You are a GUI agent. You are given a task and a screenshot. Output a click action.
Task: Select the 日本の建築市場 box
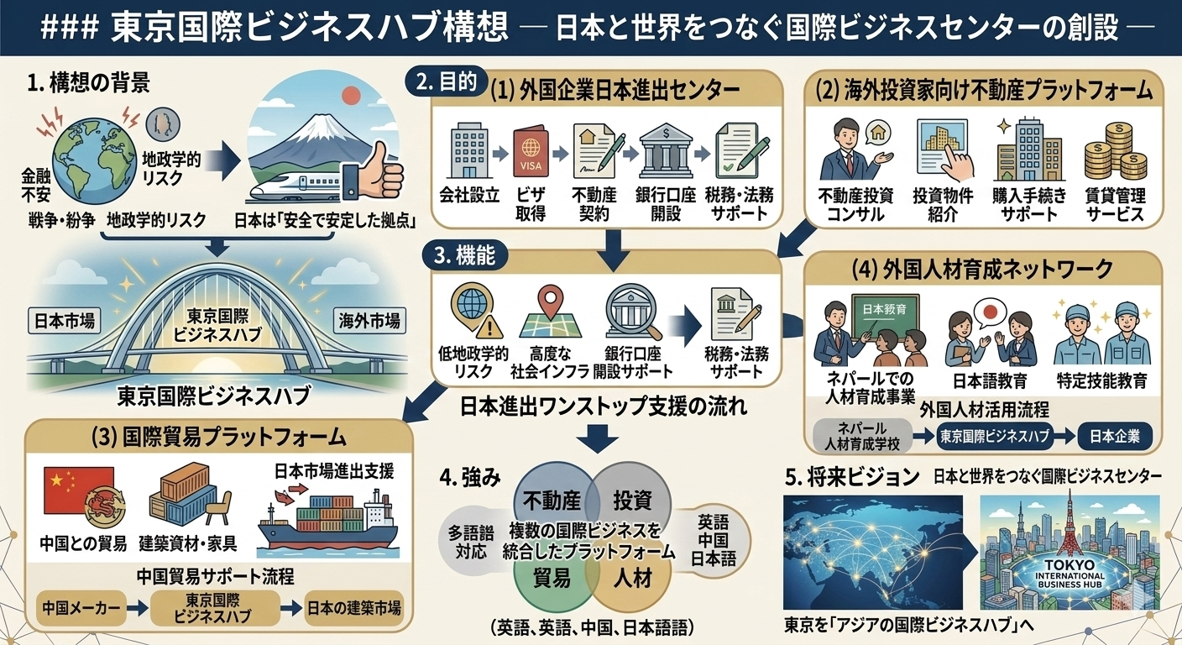[353, 607]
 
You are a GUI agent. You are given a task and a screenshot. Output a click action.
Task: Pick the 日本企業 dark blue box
[1114, 437]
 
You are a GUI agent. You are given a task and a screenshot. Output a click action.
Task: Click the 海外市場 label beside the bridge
[369, 320]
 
